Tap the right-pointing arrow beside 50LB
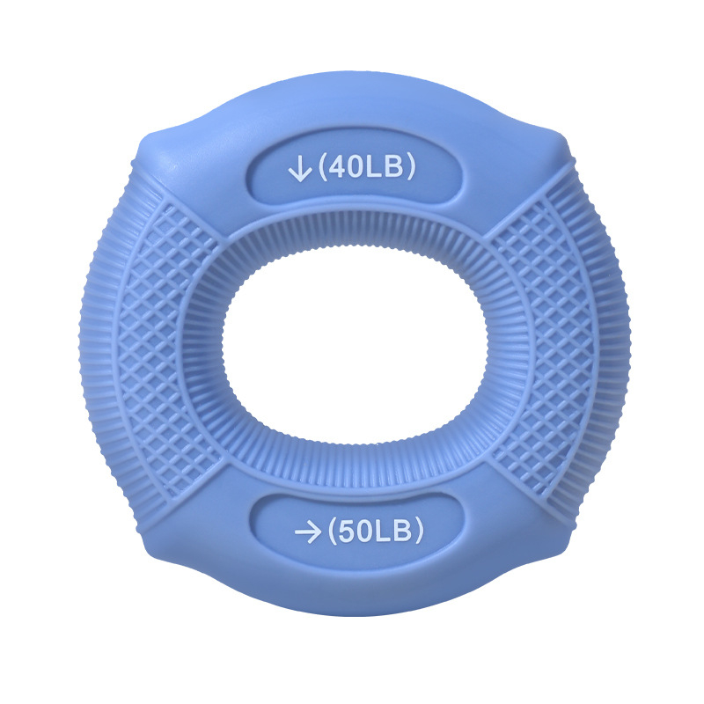pyautogui.click(x=307, y=532)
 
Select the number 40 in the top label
pyautogui.click(x=347, y=166)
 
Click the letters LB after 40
pyautogui.click(x=384, y=166)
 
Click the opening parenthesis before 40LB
pyautogui.click(x=323, y=167)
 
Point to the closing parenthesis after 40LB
pyautogui.click(x=409, y=166)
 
